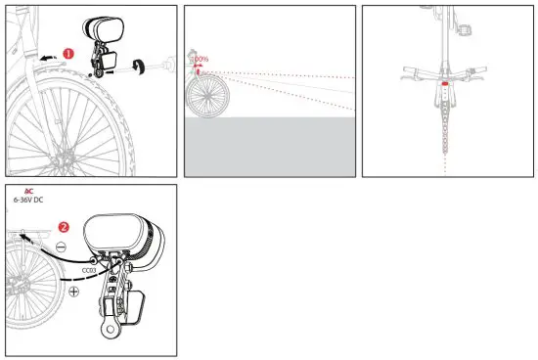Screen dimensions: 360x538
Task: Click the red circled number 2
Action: [64, 226]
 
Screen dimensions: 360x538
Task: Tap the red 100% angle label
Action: [202, 61]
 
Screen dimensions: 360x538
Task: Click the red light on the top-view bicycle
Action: [445, 84]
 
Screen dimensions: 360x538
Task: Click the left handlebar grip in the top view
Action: [408, 71]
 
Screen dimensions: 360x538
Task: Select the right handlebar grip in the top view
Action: [482, 71]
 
